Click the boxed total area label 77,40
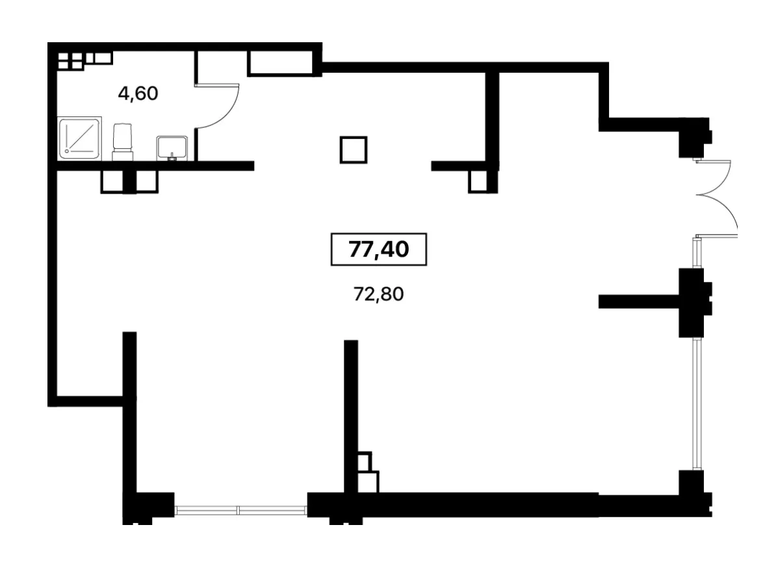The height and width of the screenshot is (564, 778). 378,249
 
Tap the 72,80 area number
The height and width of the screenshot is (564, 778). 378,294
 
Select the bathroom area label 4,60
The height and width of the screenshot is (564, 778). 138,94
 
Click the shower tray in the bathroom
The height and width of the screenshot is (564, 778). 79,138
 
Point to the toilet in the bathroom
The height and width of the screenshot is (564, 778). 123,142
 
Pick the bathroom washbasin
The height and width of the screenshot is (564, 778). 172,148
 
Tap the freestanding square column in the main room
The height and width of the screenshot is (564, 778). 354,150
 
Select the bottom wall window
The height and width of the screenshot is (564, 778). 240,510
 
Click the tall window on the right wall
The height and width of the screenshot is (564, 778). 698,404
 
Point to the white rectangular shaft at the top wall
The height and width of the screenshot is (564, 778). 280,63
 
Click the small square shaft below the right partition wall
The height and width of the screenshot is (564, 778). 478,181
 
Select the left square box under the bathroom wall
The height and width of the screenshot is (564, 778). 112,181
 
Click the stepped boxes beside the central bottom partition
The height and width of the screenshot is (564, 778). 368,472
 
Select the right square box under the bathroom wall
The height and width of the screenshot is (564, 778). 146,181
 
